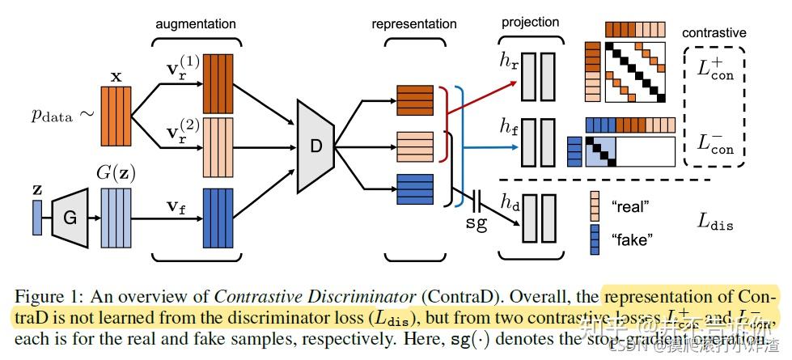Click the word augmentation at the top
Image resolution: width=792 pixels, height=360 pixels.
tap(196, 24)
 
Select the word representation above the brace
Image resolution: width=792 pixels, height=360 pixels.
tap(413, 24)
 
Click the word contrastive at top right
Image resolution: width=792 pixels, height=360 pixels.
tap(714, 33)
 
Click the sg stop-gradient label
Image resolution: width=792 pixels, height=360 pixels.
tap(476, 222)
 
